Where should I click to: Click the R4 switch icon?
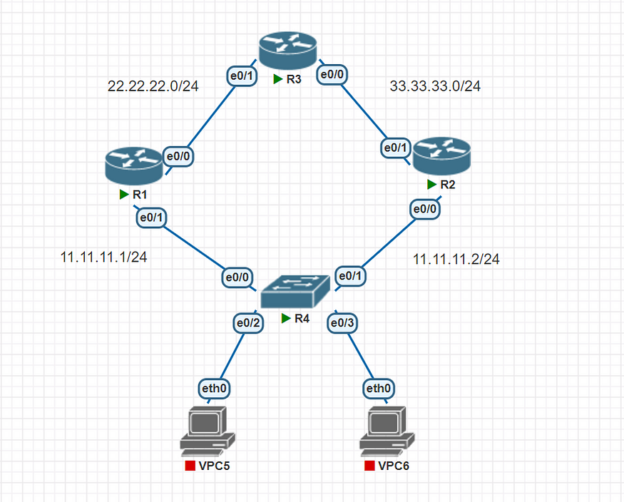point(295,291)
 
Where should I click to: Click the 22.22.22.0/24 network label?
point(153,86)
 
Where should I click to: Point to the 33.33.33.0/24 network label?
point(435,86)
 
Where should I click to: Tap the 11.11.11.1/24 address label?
point(104,257)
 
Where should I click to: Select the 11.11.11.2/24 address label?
point(456,260)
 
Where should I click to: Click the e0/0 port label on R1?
point(180,155)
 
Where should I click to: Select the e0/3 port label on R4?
point(342,322)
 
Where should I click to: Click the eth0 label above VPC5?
point(214,388)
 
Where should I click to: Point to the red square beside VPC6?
point(369,466)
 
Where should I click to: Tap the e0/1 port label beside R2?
point(395,148)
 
